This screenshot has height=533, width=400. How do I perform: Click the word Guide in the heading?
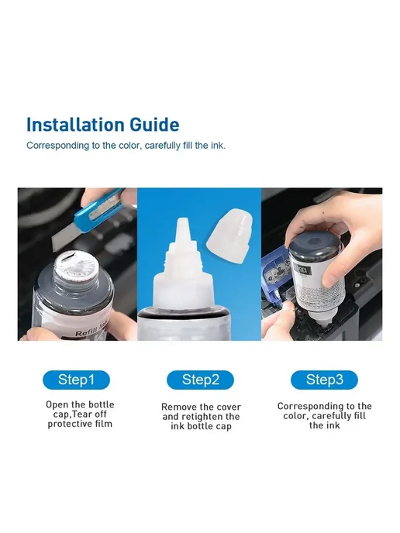tap(155, 125)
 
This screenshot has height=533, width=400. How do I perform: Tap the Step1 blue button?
tap(76, 380)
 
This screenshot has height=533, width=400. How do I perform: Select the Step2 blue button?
tap(200, 380)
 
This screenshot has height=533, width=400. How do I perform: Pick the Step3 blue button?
tap(324, 380)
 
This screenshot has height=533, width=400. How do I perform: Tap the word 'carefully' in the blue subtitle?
tap(162, 146)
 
